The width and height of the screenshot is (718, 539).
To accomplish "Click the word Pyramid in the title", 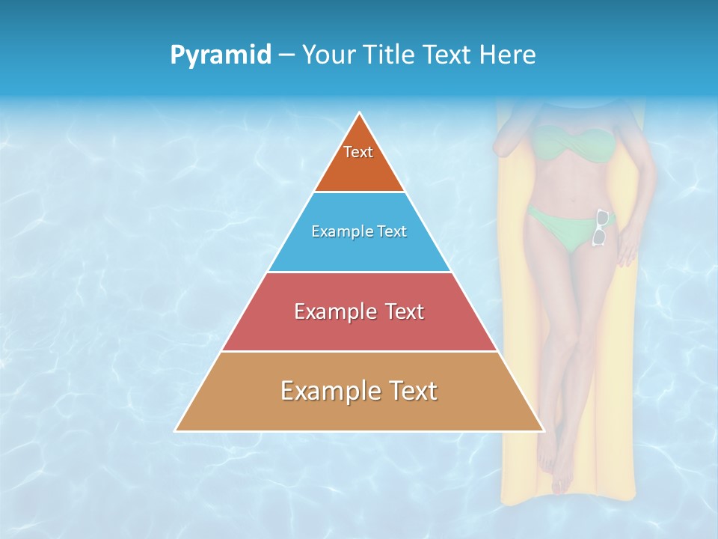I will click(x=221, y=55).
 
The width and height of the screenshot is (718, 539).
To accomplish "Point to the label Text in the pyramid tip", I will click(x=358, y=152).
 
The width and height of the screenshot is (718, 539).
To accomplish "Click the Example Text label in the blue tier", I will click(x=359, y=231).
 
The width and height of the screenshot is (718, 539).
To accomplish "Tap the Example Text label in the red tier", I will click(x=359, y=311).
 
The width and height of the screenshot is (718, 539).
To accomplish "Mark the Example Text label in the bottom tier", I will click(x=359, y=391).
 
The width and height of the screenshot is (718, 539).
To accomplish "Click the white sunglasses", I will click(x=601, y=228).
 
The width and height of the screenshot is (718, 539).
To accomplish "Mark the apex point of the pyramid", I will click(x=360, y=113).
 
